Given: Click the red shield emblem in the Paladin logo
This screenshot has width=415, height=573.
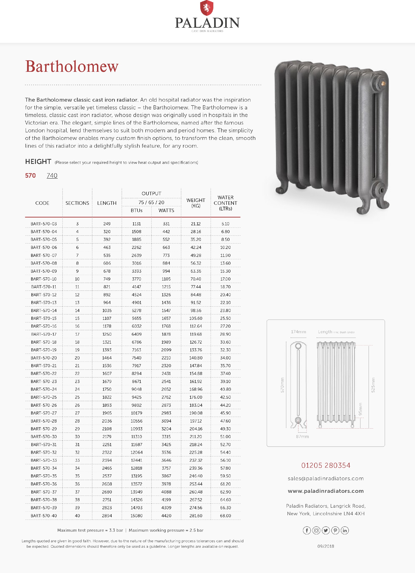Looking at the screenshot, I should [207, 8].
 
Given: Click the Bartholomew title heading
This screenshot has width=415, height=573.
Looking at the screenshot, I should [72, 66].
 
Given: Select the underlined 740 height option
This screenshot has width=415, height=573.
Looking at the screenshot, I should [52, 175].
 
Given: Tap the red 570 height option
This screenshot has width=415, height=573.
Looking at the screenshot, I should [30, 175].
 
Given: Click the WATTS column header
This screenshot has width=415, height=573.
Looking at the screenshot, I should [166, 210].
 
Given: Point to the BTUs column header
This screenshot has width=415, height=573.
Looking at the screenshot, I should [136, 210].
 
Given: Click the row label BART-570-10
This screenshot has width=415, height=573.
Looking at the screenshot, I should [44, 279].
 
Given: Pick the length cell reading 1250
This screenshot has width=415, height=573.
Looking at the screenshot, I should [107, 334].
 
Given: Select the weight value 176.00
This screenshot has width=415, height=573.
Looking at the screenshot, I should [196, 397].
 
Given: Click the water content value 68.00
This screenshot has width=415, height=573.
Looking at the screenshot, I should [225, 516].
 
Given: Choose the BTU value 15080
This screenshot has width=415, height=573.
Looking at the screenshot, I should [136, 516].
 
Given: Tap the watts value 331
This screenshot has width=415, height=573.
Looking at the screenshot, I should [166, 224].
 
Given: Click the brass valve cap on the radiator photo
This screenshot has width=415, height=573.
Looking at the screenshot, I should [383, 83].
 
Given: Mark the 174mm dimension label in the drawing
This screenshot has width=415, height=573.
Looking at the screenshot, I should [298, 332].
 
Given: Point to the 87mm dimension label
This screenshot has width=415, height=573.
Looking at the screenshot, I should [302, 437].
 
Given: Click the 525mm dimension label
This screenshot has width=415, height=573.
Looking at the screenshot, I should [373, 385].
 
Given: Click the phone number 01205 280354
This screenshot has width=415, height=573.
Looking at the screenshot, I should [326, 465].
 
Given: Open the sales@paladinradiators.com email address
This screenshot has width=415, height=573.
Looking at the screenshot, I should [326, 479].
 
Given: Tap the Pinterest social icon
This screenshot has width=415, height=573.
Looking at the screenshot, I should [335, 530].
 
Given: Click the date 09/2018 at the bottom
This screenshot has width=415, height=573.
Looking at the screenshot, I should [326, 546].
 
